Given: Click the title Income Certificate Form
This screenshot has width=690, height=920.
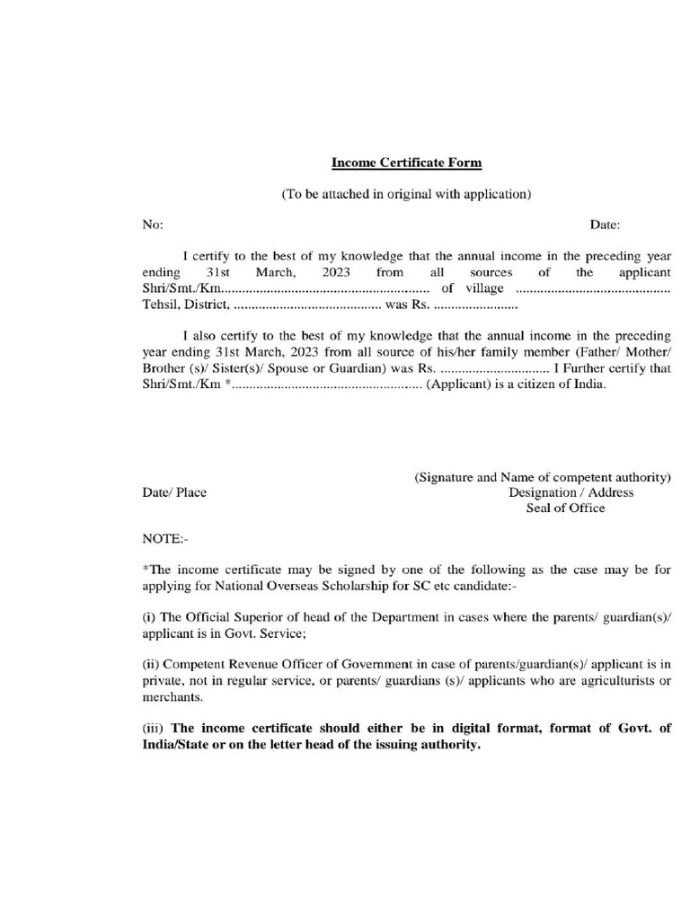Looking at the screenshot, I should point(407,163).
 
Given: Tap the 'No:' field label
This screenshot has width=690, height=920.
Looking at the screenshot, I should point(152,225).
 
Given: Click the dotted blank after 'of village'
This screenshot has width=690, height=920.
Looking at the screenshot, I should point(594,288).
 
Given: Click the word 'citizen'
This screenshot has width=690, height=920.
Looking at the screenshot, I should point(529,385).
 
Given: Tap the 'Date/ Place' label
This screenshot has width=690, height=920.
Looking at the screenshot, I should point(174,492).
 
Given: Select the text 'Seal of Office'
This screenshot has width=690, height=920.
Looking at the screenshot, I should point(565,508).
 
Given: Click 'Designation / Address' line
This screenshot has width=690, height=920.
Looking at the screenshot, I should point(571,492).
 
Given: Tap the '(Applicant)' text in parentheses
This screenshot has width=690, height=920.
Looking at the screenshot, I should point(457,385).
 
